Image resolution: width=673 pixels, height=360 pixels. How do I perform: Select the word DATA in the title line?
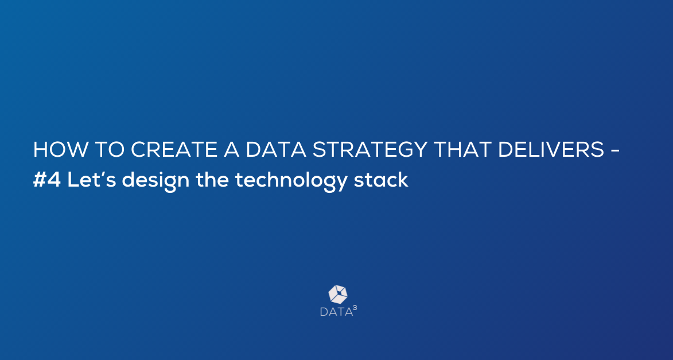coord(276,149)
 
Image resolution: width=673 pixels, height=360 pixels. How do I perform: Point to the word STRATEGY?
coord(369,149)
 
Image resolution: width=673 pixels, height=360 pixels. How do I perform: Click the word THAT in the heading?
coord(462,149)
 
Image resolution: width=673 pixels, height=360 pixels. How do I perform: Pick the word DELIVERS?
coord(551,149)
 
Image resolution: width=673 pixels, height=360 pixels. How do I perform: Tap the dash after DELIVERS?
coord(614,151)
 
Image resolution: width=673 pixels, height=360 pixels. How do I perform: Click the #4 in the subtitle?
coord(47,180)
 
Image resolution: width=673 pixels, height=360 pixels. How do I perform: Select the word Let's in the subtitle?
coord(91,180)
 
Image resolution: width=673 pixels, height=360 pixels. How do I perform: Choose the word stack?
coord(381,180)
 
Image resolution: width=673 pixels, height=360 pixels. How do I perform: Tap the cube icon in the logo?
coord(338,295)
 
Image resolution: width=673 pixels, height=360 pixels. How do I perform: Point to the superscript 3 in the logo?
coord(355,308)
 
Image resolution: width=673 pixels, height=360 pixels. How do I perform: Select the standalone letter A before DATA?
coord(231,149)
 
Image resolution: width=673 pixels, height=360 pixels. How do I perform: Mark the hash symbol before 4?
coord(40,180)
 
